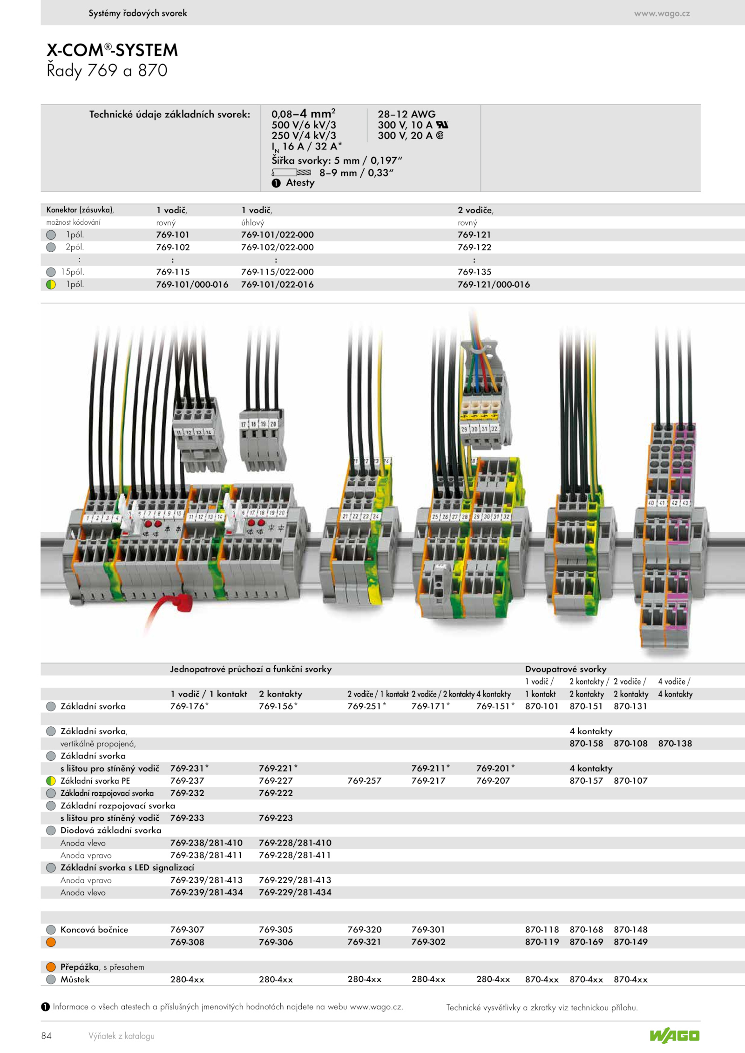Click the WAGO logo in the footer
coord(675,1035)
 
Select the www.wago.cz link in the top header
coord(662,13)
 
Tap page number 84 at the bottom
coord(47,1035)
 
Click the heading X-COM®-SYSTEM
coord(112,50)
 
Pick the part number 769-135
coord(474,272)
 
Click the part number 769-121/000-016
coord(494,284)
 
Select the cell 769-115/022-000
coord(278,272)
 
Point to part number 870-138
coord(675,743)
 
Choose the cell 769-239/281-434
coord(206,892)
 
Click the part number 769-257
coord(364,780)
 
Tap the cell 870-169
coord(586,941)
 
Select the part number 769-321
coord(364,941)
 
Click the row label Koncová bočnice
coord(94,929)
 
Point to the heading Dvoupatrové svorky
coord(566,669)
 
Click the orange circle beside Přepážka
coord(51,966)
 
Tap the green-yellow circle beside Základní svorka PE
coord(51,780)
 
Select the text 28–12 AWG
coord(406,114)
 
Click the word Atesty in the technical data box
coord(300,182)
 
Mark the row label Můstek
coord(75,979)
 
